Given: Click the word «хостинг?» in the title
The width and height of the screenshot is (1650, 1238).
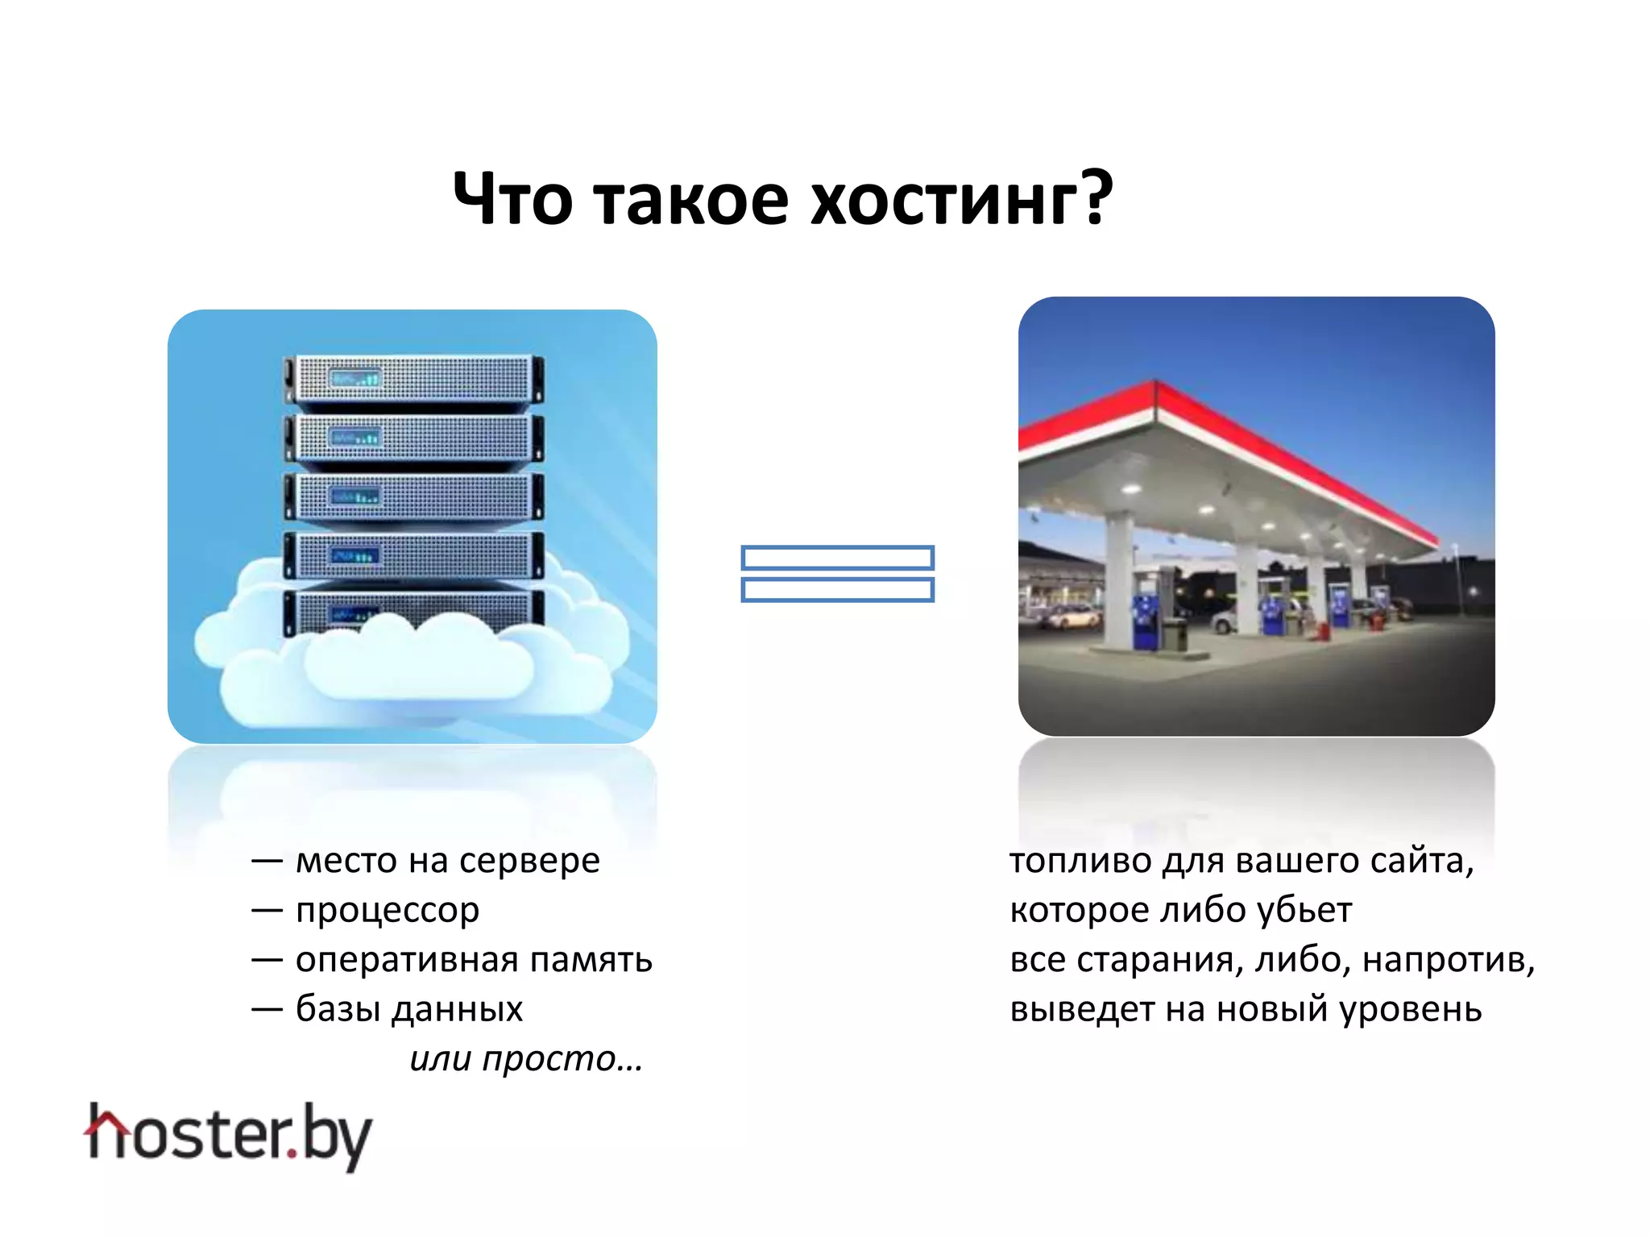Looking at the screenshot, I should click(961, 199).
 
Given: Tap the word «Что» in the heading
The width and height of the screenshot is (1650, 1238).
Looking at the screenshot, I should click(512, 199).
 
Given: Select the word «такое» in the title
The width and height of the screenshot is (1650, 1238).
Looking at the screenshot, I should click(691, 199).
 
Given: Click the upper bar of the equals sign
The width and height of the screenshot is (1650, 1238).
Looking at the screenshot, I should click(837, 558).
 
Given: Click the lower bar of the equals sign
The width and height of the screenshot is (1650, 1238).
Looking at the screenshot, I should click(837, 590).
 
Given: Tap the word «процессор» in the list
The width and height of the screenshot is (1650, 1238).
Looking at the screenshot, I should click(388, 911).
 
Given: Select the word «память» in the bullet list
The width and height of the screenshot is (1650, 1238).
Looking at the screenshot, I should click(591, 960).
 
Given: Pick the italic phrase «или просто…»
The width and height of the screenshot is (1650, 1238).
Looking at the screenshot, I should click(526, 1058).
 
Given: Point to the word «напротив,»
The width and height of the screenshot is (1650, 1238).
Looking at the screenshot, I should click(1449, 960).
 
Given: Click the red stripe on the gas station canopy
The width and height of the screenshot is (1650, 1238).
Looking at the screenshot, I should click(1289, 451).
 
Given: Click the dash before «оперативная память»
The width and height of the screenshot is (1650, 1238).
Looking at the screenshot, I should click(267, 960).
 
